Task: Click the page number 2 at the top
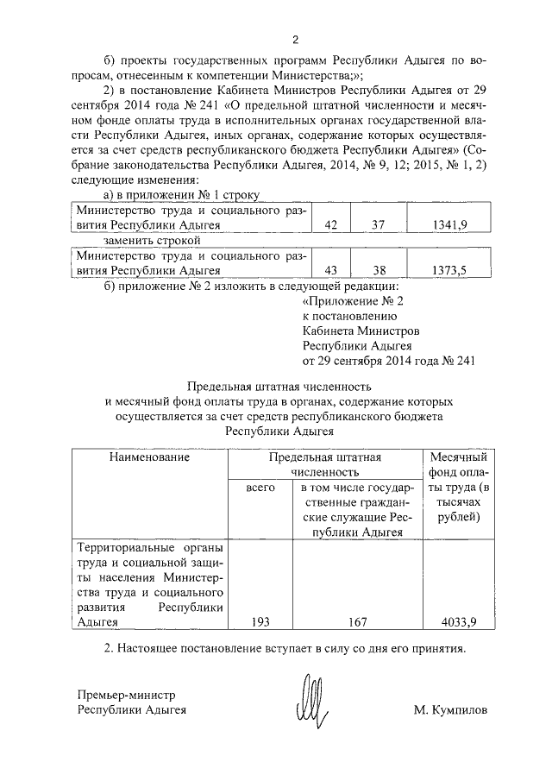tap(295, 40)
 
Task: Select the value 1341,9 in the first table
tap(448, 224)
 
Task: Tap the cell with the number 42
tap(329, 224)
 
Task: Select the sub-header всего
tap(260, 488)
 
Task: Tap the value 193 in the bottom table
tap(260, 620)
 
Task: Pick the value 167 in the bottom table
tap(358, 620)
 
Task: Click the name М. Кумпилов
tap(450, 710)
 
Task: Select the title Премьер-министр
tap(126, 694)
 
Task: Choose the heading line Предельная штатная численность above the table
tap(284, 386)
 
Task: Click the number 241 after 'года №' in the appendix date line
tap(462, 361)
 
